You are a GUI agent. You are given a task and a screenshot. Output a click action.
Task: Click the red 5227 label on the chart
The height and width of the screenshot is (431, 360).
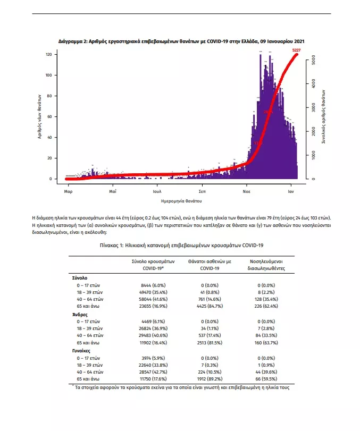click(297, 50)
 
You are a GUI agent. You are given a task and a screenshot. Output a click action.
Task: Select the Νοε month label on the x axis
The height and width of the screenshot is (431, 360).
click(247, 190)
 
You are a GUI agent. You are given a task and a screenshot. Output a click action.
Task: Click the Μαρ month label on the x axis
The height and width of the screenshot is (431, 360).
click(69, 190)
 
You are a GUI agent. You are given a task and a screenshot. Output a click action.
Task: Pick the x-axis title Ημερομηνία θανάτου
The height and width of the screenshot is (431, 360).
click(181, 202)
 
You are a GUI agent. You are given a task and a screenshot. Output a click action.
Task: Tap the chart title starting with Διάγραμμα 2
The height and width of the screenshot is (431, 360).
click(181, 41)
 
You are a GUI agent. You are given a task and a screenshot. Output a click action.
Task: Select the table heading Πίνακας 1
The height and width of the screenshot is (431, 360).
click(181, 246)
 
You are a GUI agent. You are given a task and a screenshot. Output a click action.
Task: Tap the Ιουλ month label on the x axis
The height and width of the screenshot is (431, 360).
click(157, 190)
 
